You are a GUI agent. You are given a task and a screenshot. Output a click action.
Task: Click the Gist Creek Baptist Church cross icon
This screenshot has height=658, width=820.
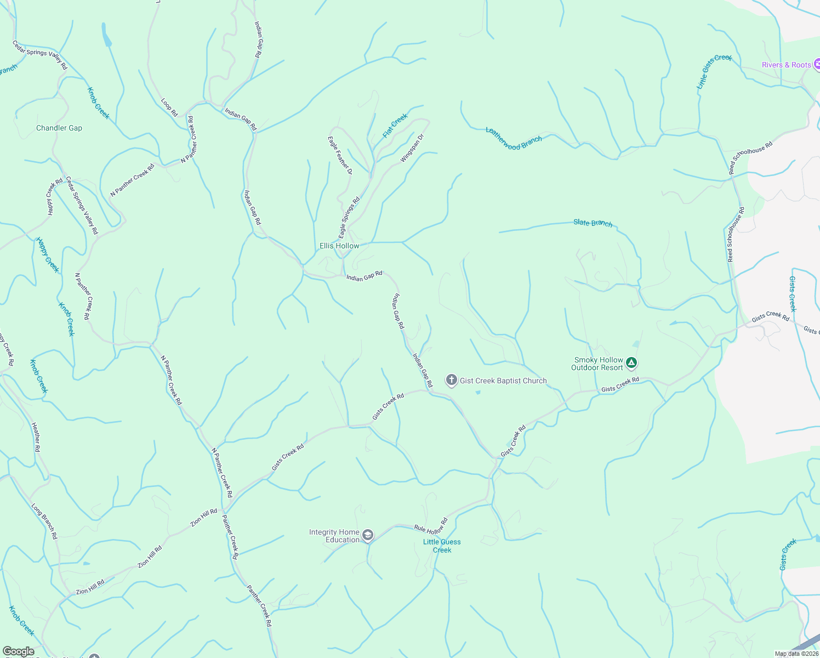451,380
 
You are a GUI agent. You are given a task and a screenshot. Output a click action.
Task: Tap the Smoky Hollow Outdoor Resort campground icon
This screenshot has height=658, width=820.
631,362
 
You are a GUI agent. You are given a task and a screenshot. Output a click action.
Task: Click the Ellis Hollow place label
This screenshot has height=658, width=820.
339,246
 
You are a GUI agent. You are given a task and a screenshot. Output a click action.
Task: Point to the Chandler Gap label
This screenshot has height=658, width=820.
59,128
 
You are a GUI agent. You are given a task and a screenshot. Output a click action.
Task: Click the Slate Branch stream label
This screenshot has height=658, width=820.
593,223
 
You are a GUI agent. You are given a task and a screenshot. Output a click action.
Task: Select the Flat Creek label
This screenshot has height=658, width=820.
395,126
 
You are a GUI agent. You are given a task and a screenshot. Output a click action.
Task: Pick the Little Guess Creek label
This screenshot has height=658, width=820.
442,546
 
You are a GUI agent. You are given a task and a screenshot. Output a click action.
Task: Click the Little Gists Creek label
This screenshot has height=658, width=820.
714,71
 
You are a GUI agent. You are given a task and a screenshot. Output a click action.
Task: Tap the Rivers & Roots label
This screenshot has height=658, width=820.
786,65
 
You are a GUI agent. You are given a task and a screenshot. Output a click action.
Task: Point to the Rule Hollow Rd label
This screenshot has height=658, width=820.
431,526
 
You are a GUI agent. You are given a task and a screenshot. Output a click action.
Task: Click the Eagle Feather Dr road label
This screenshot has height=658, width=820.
340,156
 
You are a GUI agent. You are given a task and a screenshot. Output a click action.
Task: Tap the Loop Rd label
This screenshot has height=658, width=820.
169,107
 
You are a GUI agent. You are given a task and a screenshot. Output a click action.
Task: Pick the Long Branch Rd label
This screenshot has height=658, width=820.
44,521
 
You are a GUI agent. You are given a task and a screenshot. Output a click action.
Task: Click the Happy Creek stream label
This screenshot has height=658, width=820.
47,254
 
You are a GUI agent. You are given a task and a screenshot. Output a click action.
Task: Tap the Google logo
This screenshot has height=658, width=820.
18,651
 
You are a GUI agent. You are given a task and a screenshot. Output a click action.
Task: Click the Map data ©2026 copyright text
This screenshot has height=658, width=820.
796,654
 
